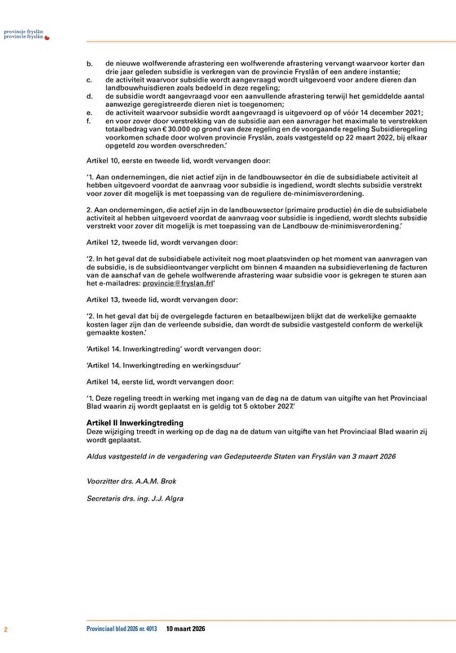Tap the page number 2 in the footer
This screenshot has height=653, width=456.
[6, 629]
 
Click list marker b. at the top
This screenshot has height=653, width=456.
[89, 63]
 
